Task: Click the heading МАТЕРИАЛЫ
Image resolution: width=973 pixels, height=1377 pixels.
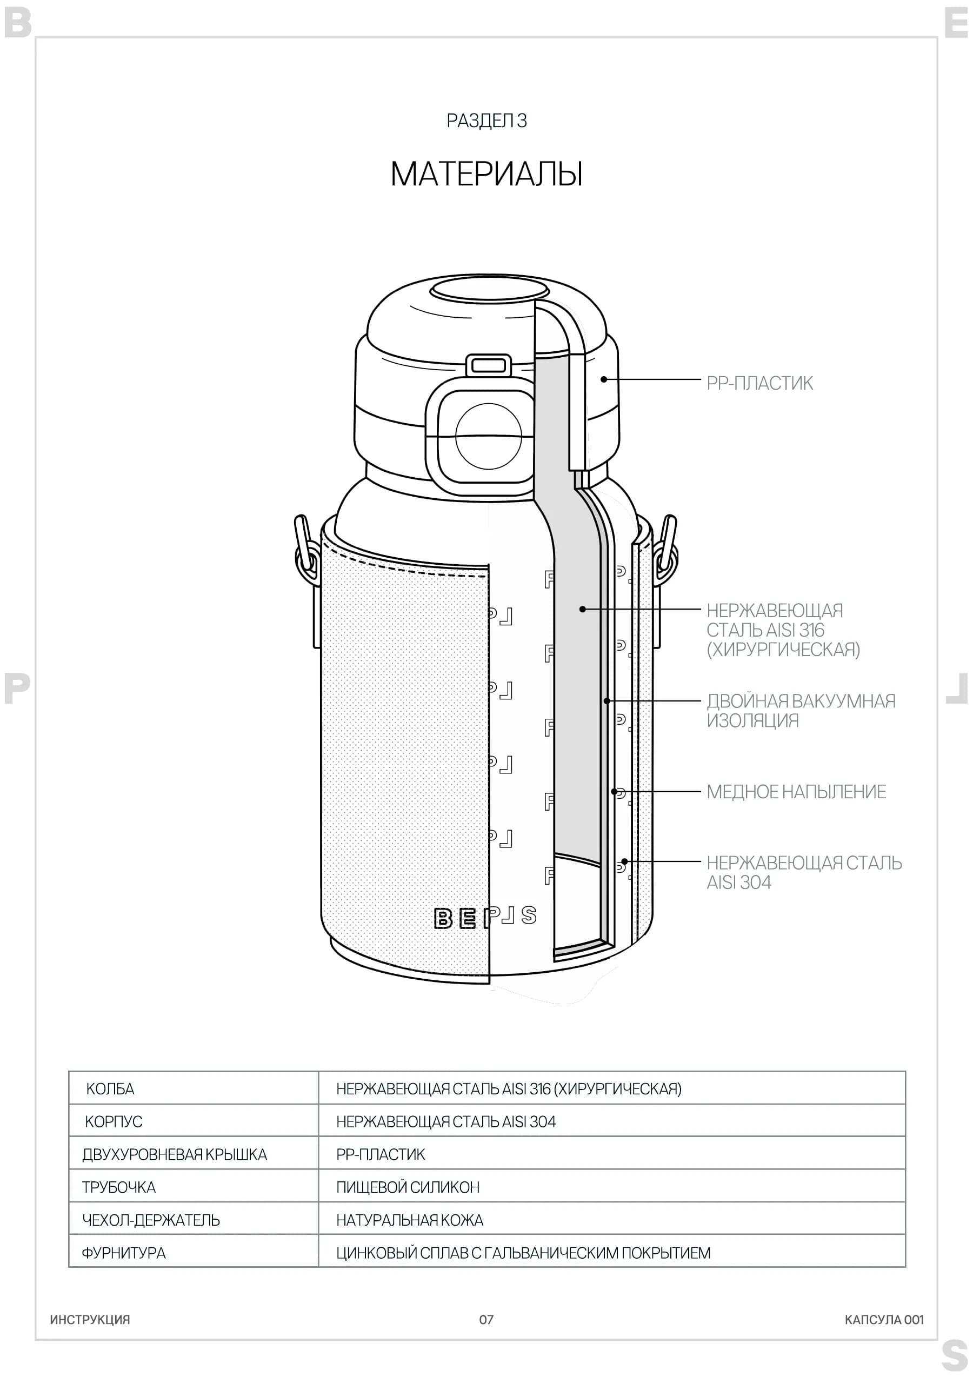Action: tap(486, 174)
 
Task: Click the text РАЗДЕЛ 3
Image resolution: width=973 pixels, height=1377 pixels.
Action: tap(486, 121)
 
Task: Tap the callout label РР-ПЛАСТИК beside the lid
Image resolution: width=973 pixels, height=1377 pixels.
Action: tap(759, 383)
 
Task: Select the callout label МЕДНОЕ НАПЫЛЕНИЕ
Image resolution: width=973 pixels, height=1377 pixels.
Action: tap(796, 792)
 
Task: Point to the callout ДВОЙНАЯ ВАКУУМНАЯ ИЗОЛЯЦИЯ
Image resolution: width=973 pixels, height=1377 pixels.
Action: tap(801, 711)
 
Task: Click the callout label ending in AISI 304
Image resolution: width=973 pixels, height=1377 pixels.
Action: tap(804, 872)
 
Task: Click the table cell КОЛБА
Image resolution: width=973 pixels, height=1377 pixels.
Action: tap(110, 1088)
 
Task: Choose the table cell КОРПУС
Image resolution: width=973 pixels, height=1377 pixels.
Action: tap(114, 1121)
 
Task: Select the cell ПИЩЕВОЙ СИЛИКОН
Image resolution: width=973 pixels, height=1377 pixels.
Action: tap(408, 1187)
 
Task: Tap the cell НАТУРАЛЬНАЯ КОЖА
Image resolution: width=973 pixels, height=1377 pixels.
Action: tap(410, 1220)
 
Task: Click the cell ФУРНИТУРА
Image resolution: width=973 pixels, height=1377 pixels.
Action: tap(124, 1253)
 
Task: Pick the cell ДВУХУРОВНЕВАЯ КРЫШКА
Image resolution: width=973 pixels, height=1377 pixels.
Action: tap(175, 1154)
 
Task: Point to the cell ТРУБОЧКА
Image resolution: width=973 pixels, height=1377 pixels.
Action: tap(119, 1187)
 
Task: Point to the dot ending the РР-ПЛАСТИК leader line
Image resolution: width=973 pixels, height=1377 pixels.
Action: tap(604, 379)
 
